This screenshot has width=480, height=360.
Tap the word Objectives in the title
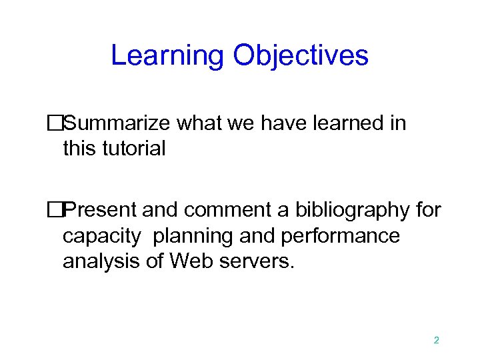pyautogui.click(x=301, y=55)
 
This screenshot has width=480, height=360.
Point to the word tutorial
pyautogui.click(x=133, y=148)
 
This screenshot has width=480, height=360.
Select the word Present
pyautogui.click(x=103, y=211)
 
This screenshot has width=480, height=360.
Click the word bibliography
pyautogui.click(x=350, y=211)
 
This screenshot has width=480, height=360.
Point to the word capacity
pyautogui.click(x=102, y=236)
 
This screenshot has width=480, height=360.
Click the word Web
pyautogui.click(x=190, y=261)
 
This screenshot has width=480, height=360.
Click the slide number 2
pyautogui.click(x=436, y=340)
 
